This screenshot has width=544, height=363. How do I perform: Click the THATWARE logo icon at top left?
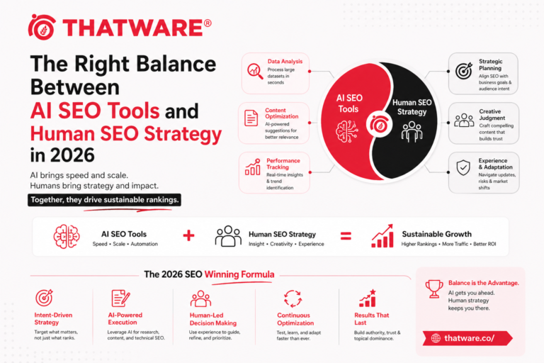pos(42,28)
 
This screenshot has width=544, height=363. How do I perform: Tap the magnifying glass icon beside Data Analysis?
pos(253,72)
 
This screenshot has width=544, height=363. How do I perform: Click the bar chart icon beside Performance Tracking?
pos(253,167)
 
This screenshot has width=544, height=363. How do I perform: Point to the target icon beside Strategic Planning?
pos(463,71)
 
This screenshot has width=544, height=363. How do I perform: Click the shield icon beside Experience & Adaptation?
pos(463,168)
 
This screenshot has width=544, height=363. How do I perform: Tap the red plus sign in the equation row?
pos(188,235)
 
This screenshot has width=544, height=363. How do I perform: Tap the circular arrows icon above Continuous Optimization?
pos(293,297)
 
